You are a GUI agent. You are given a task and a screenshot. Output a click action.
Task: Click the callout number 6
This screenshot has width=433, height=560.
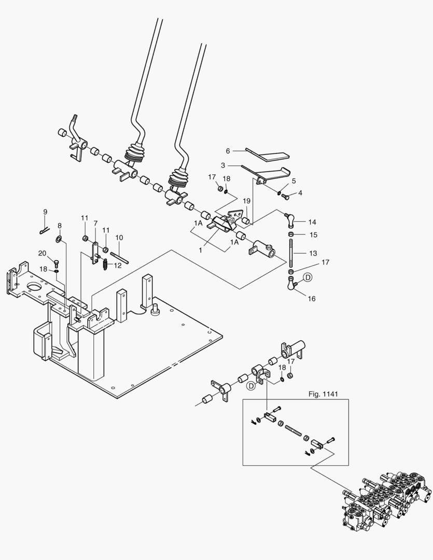pos(228,151)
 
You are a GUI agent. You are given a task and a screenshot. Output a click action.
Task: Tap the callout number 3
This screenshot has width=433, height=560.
pos(222,166)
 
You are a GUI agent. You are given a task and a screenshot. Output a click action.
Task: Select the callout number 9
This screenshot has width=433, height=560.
pos(45,212)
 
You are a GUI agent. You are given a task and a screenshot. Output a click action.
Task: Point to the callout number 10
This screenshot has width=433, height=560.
pos(119,237)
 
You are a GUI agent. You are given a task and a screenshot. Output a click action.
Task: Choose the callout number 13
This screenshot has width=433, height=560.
pos(312,253)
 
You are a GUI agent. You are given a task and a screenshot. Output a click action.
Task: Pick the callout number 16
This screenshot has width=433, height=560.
pos(312,299)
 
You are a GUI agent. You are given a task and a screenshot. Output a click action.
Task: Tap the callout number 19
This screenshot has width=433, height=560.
pos(247,200)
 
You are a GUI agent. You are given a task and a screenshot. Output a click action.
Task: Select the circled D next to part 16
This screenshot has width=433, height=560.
pos(308,278)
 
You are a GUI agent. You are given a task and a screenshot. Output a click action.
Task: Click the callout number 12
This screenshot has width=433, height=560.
pos(117,265)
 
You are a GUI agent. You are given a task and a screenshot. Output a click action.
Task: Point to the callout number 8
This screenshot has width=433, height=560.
pos(60,226)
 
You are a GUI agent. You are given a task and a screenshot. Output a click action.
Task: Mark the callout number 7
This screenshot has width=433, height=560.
pos(95,223)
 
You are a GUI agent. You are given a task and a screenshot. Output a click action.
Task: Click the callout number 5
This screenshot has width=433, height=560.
pos(294,181)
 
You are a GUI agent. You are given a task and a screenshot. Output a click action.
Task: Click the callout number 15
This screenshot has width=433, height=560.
pos(313,235)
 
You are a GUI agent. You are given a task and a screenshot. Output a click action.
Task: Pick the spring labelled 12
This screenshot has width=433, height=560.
pos(105,265)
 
